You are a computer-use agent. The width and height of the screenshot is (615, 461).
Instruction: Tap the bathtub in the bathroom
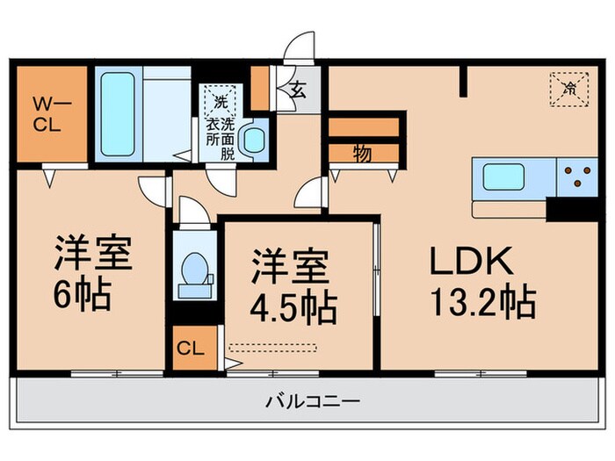tap(117, 114)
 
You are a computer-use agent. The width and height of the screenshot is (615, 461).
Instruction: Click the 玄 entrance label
tap(298, 88)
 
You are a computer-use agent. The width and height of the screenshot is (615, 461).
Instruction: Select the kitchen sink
tap(513, 179)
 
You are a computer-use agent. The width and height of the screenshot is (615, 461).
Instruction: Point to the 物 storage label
tap(362, 153)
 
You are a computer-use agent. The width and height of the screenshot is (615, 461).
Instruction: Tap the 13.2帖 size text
tap(481, 305)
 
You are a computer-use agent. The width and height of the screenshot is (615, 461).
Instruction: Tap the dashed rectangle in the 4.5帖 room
tap(271, 347)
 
